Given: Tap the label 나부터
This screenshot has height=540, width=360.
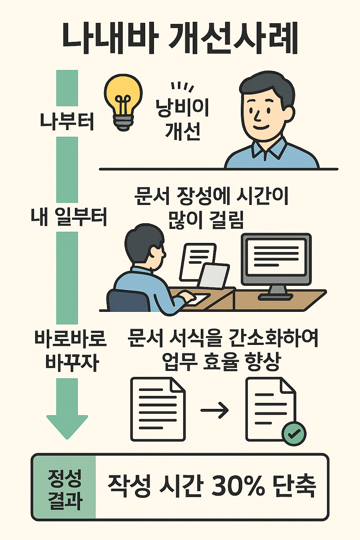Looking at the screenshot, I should (x=67, y=121).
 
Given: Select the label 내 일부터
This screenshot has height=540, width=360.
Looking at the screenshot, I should (x=69, y=217).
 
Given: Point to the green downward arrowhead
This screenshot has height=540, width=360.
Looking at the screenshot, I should (x=67, y=426).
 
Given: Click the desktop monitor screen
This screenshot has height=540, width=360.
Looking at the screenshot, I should (x=276, y=257).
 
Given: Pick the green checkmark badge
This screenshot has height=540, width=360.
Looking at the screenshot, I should (x=294, y=433).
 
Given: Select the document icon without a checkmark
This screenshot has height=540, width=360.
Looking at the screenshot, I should (x=158, y=409).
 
